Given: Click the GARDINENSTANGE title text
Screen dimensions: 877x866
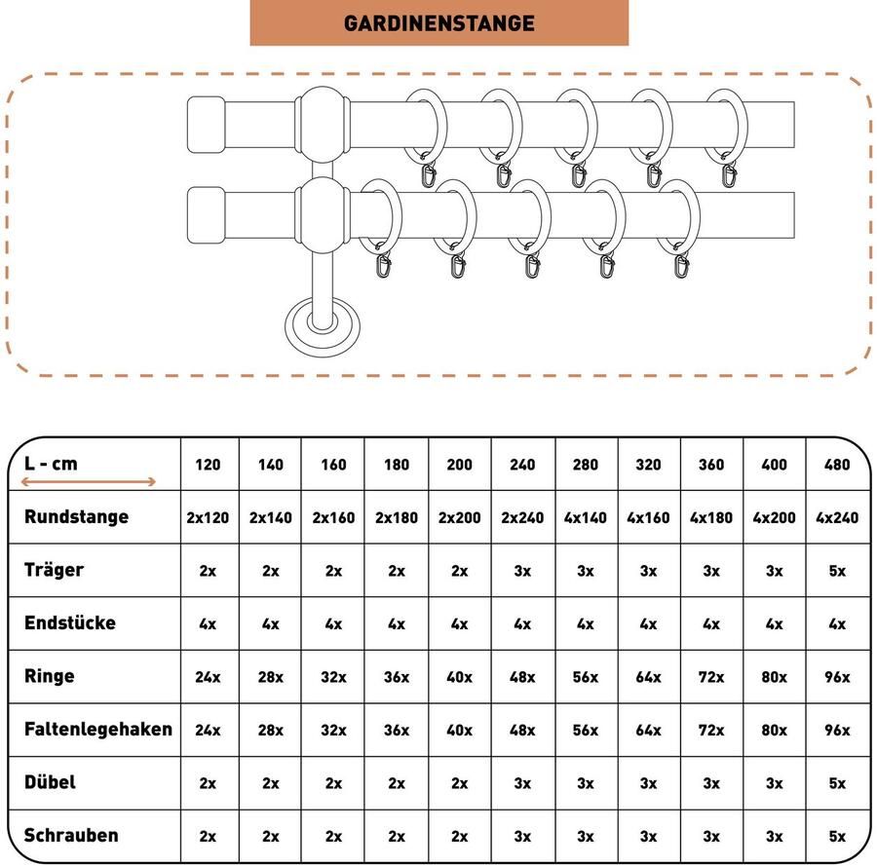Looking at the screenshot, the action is click(x=439, y=23).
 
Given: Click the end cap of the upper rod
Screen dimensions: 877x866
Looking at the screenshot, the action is click(x=206, y=125).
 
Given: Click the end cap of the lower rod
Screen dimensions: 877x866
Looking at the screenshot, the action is click(x=206, y=215).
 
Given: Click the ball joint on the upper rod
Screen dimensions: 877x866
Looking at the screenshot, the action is click(x=323, y=124).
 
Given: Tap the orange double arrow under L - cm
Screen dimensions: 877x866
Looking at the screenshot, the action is click(x=89, y=482).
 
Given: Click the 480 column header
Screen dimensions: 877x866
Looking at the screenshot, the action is click(x=837, y=465).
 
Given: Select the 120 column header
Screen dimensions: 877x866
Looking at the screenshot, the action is click(x=208, y=465).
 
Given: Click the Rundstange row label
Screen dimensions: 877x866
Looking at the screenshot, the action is click(x=77, y=516).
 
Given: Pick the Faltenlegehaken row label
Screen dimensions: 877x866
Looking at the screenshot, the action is click(x=98, y=729).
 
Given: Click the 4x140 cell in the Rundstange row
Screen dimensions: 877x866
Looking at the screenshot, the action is click(x=585, y=517).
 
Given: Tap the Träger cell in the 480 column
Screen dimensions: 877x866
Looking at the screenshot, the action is click(x=837, y=571).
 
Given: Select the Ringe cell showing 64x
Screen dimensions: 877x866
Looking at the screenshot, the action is click(x=648, y=677).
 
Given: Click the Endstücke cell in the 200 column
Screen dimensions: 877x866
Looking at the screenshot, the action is click(x=459, y=623).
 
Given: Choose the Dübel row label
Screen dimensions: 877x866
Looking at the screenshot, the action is click(x=50, y=782).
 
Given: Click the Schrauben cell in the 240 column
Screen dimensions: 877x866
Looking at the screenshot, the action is click(x=522, y=837).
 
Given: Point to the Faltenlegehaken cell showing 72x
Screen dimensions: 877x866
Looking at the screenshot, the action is click(x=711, y=731).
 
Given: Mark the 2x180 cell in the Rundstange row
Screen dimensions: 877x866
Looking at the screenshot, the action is click(x=397, y=517).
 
